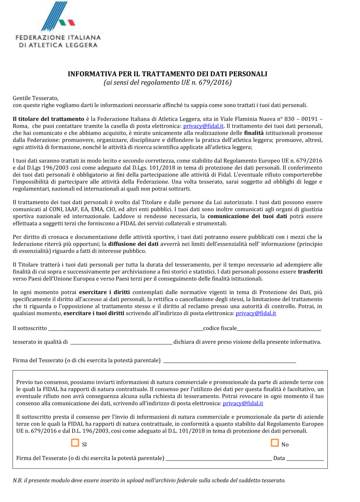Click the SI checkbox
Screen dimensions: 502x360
tap(75, 443)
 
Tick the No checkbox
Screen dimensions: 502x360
tap(274, 443)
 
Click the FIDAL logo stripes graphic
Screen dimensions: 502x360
tap(57, 17)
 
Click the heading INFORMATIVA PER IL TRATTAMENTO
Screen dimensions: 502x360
tap(167, 74)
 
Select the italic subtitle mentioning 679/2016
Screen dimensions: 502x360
tap(167, 82)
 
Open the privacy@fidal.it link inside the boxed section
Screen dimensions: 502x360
tap(243, 403)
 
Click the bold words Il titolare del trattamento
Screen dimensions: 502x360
tap(48, 119)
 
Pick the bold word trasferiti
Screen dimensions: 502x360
tap(310, 272)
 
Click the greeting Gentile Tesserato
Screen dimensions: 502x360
tap(35, 98)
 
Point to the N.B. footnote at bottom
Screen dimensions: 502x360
tap(149, 480)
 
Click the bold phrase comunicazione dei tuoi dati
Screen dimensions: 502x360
tap(247, 216)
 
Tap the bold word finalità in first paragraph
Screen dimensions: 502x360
tap(253, 133)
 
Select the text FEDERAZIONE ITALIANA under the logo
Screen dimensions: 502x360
tap(58, 38)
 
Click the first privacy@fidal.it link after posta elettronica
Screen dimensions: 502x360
tap(203, 126)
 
